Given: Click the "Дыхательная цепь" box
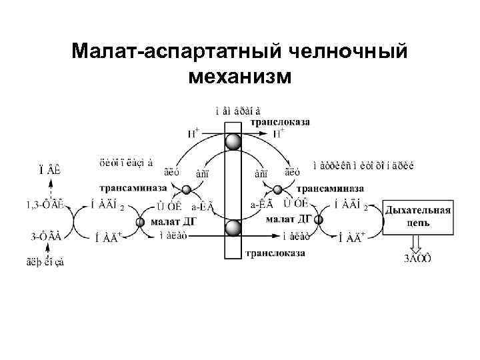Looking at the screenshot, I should (x=417, y=215).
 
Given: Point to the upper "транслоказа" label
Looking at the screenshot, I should (x=280, y=122).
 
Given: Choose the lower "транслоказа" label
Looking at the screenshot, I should (x=275, y=253).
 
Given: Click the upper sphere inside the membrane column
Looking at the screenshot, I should (x=233, y=142).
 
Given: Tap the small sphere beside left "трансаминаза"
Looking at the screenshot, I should (x=187, y=190).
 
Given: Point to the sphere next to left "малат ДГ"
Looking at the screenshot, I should (x=141, y=223).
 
